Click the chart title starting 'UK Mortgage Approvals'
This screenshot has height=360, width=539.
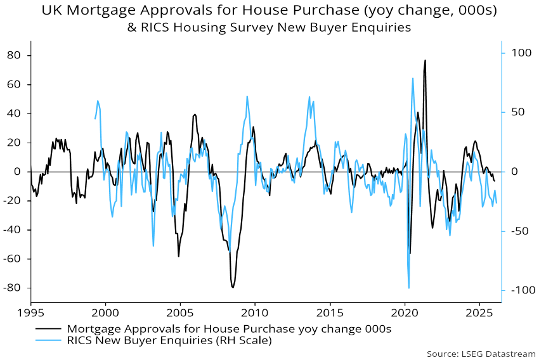point(269,11)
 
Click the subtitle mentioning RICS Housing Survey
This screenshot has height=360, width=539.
point(269,28)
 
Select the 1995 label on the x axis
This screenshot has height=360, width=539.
point(30,313)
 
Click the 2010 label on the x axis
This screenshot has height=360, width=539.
point(254,313)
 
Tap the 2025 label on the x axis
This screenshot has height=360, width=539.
point(479,313)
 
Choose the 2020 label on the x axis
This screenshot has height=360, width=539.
point(404,313)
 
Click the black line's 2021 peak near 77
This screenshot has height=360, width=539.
point(425,61)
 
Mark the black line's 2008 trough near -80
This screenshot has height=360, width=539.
point(233,288)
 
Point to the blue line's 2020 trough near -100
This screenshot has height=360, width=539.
point(409,288)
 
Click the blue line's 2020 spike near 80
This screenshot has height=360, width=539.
point(413,79)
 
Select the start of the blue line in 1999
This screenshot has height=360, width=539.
point(95,119)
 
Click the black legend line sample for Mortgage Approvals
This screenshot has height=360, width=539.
point(48,329)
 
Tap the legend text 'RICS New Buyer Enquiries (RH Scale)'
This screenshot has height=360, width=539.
point(169,340)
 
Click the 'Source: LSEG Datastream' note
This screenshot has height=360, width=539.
point(481,354)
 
